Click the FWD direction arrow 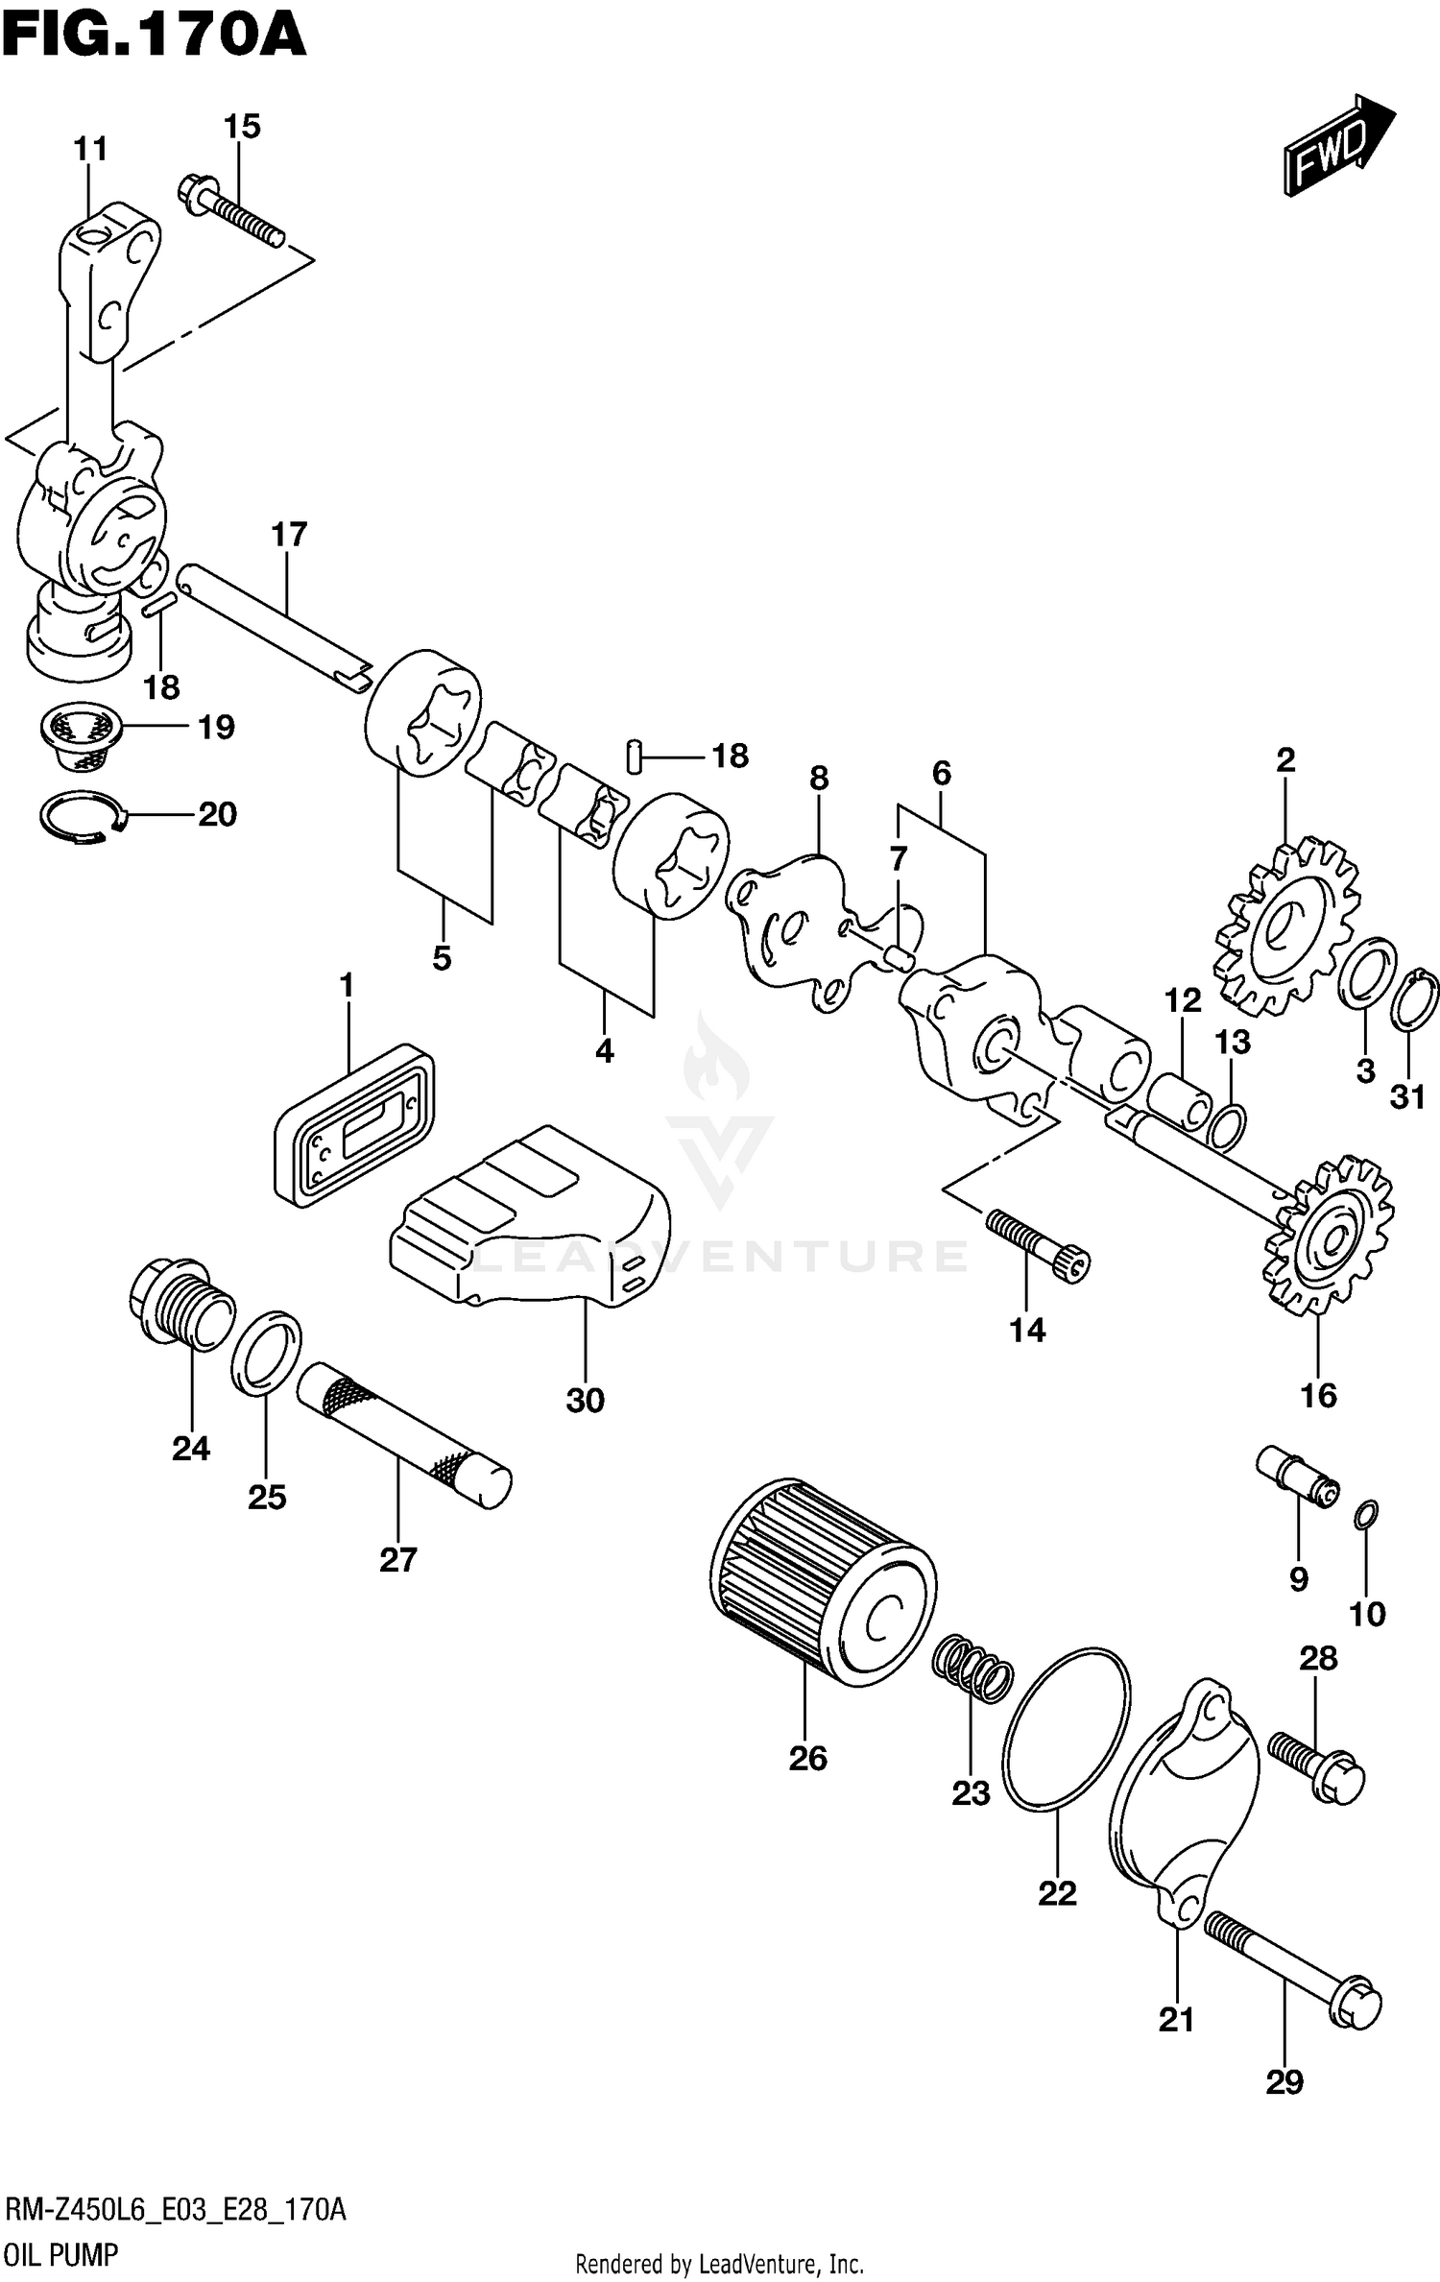pos(1338,146)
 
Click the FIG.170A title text pos(154,36)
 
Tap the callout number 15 pos(242,127)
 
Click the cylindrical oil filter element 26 pos(821,1584)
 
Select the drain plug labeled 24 pos(180,1306)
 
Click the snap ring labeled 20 pos(81,818)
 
